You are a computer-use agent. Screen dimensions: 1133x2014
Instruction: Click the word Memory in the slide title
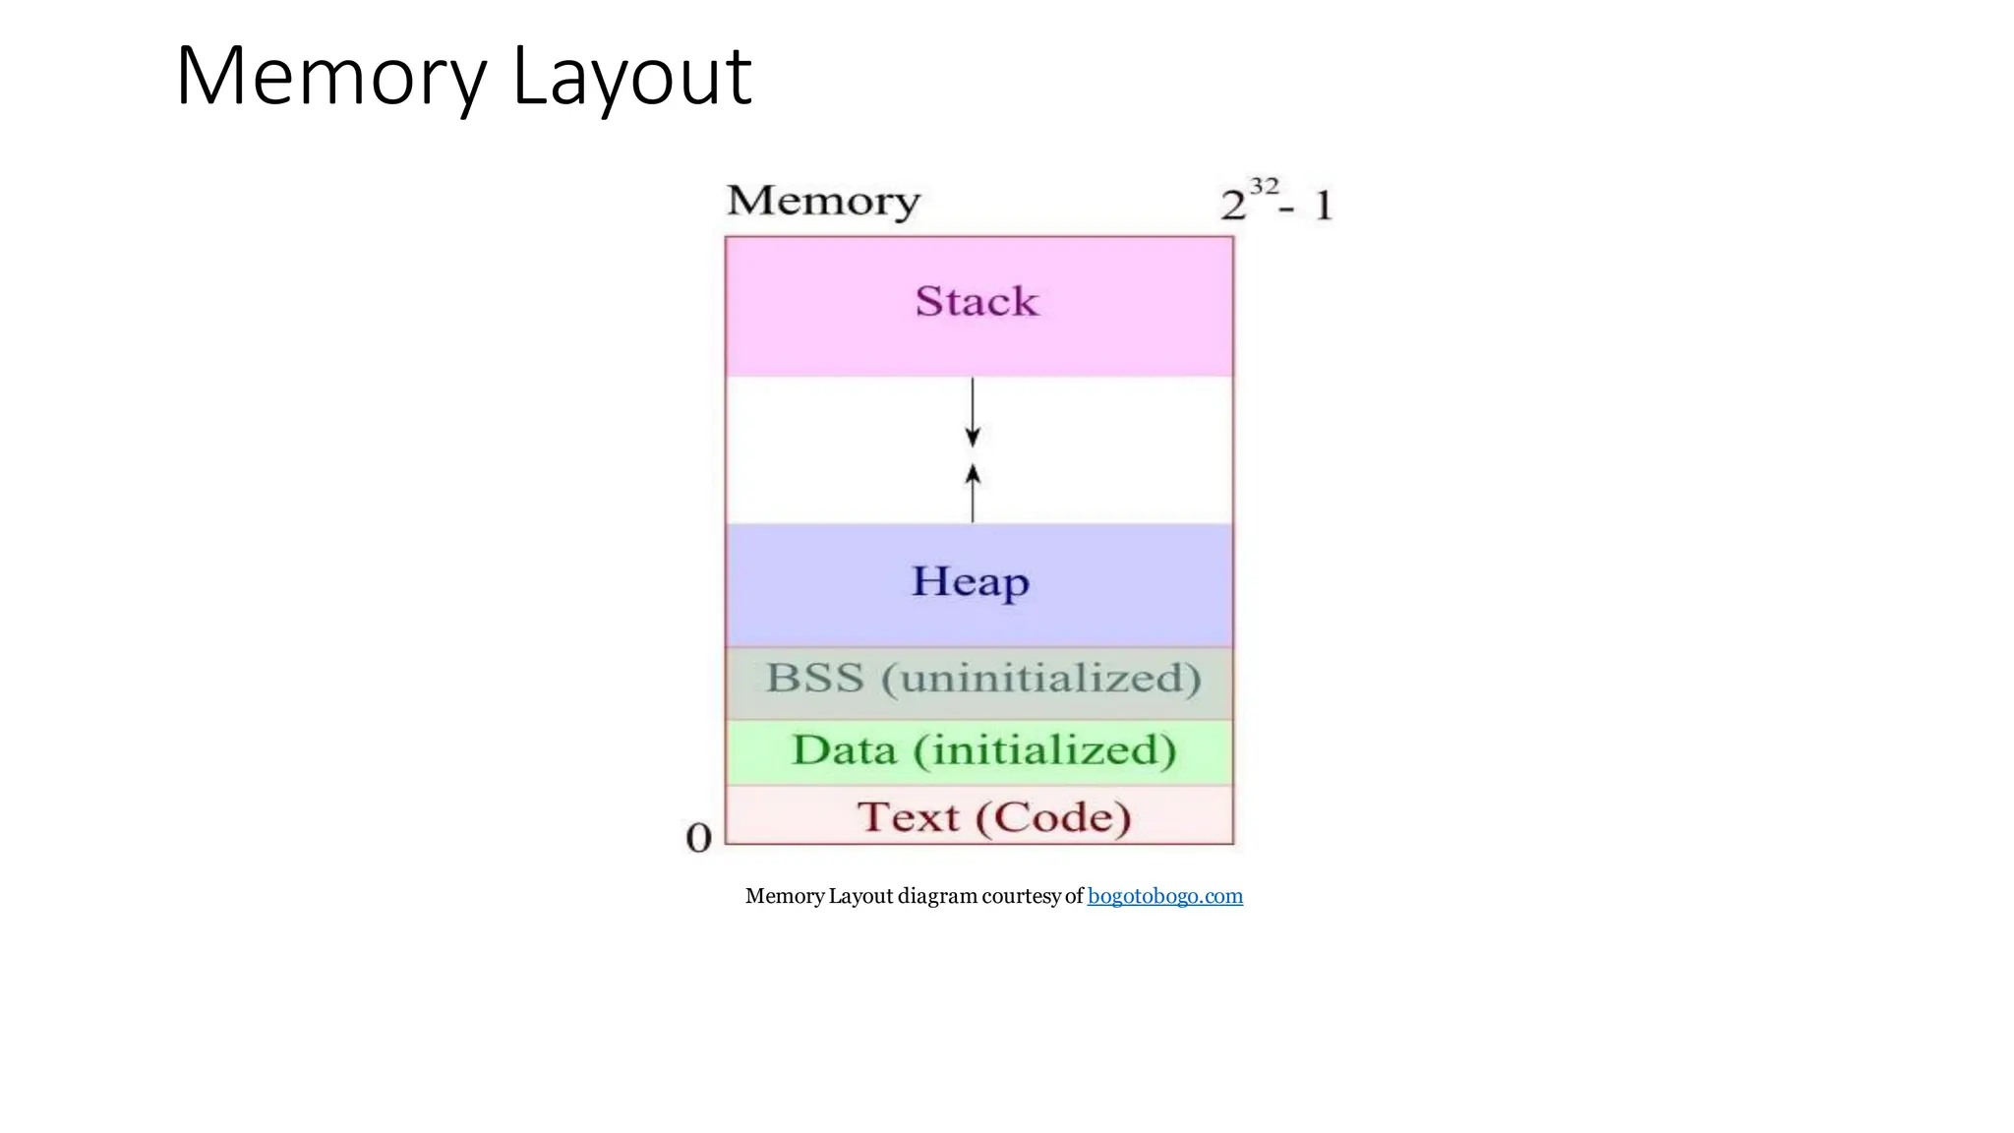pyautogui.click(x=330, y=77)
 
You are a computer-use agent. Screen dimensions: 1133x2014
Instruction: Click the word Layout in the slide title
pyautogui.click(x=631, y=77)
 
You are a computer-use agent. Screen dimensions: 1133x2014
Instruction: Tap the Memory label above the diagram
pyautogui.click(x=823, y=201)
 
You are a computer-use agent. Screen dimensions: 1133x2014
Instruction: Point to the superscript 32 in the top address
pyautogui.click(x=1264, y=186)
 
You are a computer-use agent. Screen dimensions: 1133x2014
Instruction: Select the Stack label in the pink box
pyautogui.click(x=977, y=301)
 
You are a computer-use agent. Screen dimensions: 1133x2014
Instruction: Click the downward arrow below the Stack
pyautogui.click(x=973, y=413)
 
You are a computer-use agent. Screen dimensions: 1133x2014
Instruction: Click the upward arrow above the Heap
pyautogui.click(x=973, y=492)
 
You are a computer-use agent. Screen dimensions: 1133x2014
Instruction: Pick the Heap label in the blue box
pyautogui.click(x=971, y=581)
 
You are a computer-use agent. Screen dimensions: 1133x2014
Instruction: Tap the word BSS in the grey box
pyautogui.click(x=815, y=678)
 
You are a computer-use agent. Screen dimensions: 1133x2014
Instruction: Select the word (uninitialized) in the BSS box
pyautogui.click(x=1041, y=678)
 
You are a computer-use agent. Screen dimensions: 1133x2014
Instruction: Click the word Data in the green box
pyautogui.click(x=845, y=750)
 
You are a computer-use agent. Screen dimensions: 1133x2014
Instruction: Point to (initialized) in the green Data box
pyautogui.click(x=1044, y=750)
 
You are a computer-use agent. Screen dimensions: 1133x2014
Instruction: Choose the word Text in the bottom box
pyautogui.click(x=908, y=817)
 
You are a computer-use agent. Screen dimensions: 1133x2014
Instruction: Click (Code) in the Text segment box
pyautogui.click(x=1053, y=817)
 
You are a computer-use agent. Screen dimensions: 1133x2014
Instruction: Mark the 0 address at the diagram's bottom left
pyautogui.click(x=698, y=838)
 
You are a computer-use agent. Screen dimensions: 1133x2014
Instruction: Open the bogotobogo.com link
pyautogui.click(x=1165, y=896)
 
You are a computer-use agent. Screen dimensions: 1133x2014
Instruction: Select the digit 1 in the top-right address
pyautogui.click(x=1324, y=206)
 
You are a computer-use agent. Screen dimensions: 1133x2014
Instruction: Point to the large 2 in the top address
pyautogui.click(x=1233, y=206)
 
